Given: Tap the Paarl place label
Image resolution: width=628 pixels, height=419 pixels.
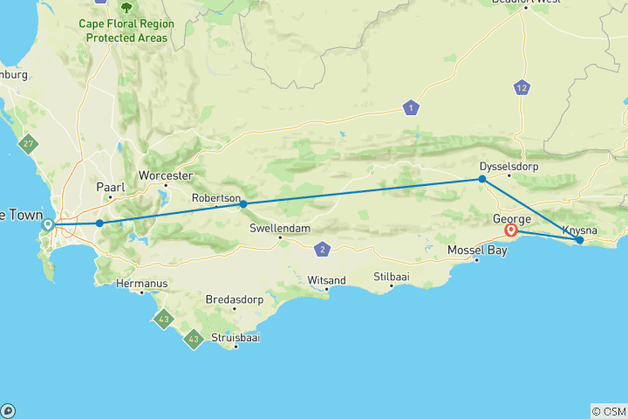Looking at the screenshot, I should coord(110,187).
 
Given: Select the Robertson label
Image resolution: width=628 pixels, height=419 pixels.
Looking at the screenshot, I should coord(215,198).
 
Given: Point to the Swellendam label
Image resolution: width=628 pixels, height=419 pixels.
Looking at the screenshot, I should coord(279,229).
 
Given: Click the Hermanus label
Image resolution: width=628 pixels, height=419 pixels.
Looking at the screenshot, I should coord(141,284).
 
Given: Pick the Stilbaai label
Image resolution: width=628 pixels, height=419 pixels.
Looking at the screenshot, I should coord(391,278).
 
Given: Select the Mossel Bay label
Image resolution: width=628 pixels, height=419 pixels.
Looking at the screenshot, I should coord(476,251).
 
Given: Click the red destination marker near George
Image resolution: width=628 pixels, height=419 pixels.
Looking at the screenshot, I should coord(511,231).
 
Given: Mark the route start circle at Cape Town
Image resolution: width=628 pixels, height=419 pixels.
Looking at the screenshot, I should coord(49,224).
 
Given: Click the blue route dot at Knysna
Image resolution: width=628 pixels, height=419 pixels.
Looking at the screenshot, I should coord(580,240).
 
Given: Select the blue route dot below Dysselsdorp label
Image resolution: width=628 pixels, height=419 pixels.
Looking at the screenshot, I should coord(481,179).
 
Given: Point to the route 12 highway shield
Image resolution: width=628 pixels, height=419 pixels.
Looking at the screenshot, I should coord(522,87).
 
